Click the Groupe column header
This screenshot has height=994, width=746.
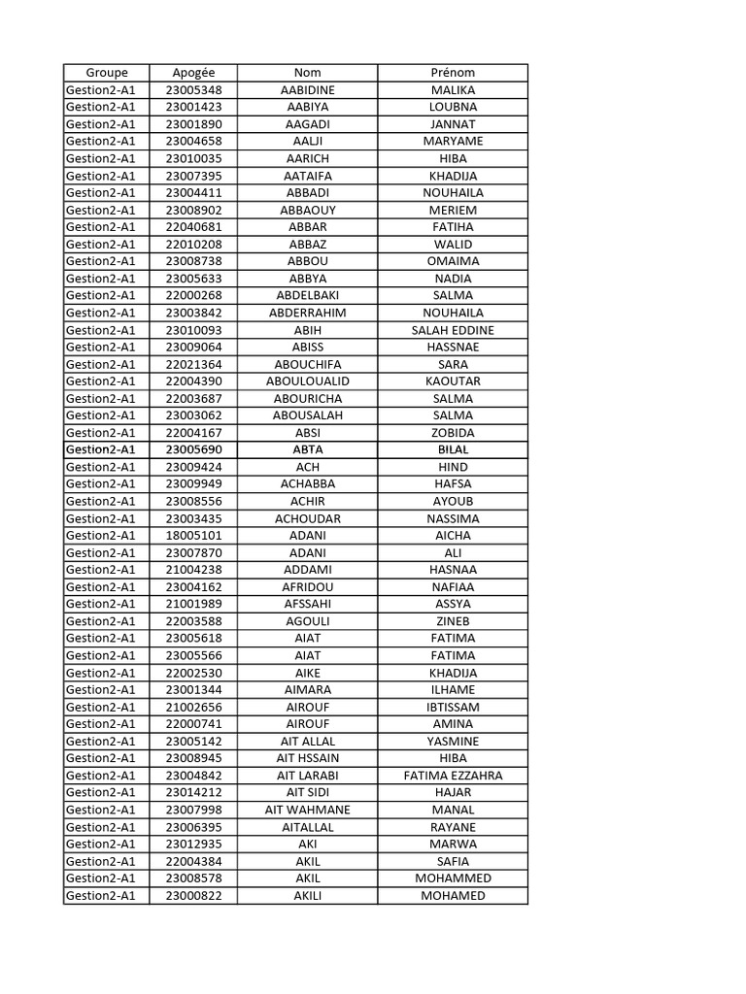tap(106, 73)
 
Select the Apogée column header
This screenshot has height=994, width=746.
tap(193, 73)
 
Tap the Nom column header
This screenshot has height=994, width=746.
tap(307, 73)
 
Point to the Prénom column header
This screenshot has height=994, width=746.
tap(453, 73)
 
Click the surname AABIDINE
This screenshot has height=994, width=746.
tap(307, 90)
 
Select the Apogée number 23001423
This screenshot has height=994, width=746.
tap(193, 107)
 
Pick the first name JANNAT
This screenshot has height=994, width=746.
tap(453, 124)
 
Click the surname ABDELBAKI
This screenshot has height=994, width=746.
tap(307, 295)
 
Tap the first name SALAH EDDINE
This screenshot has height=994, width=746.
tap(453, 330)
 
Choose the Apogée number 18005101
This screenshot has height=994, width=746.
tap(193, 535)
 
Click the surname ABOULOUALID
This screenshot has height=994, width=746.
tap(307, 381)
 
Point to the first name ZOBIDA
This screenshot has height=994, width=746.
tap(453, 433)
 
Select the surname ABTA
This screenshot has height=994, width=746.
tap(307, 449)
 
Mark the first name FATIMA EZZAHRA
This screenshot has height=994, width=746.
tap(453, 776)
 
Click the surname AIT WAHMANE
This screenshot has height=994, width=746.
tap(307, 810)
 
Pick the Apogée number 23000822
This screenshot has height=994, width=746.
tap(193, 895)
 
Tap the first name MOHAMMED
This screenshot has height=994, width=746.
tap(453, 878)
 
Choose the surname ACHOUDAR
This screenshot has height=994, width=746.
tap(307, 518)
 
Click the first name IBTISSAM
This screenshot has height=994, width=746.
tap(453, 707)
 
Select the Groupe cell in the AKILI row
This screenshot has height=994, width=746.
tap(101, 895)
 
